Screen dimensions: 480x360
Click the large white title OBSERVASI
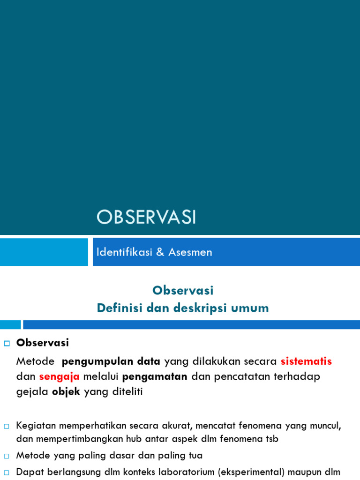(146, 217)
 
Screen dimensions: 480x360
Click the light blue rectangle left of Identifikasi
(44, 252)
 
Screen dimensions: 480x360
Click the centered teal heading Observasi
(183, 291)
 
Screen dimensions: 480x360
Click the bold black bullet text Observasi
(43, 343)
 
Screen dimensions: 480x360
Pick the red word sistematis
(306, 361)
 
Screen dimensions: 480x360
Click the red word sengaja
(60, 376)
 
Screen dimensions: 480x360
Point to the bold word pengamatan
(155, 376)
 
